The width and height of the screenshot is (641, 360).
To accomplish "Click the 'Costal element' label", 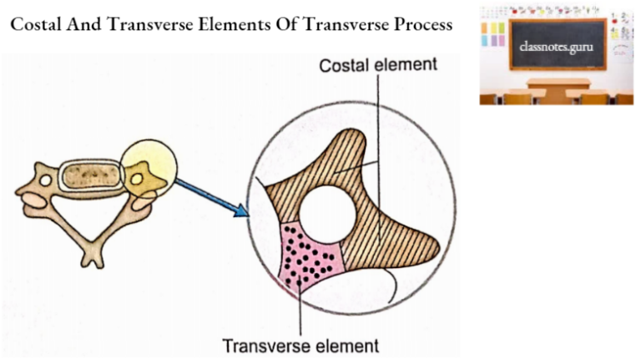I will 376,64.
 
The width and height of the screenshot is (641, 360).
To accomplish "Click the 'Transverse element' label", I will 300,344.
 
